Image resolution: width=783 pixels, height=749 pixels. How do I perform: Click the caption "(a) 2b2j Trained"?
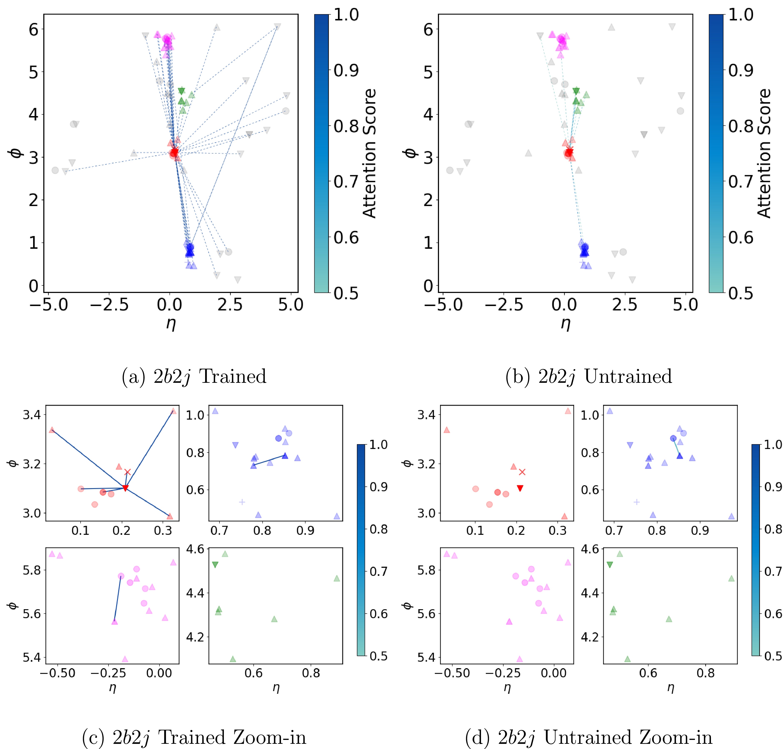click(194, 376)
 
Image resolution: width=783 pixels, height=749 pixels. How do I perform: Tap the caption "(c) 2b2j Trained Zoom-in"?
click(194, 737)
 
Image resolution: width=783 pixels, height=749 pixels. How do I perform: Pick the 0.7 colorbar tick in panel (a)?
click(346, 182)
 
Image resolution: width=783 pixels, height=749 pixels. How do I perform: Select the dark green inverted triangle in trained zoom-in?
click(215, 565)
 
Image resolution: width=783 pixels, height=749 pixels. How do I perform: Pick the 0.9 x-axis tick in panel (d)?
click(700, 531)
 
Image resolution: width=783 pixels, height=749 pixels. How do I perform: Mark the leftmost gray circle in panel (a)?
click(55, 170)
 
